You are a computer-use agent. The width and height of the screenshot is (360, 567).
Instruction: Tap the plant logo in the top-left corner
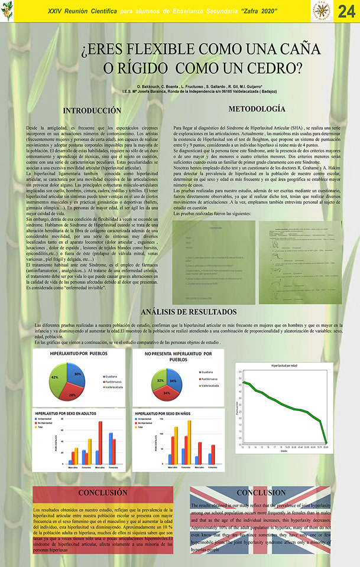[8, 11]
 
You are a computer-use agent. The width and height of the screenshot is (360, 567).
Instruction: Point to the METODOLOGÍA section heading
[249, 109]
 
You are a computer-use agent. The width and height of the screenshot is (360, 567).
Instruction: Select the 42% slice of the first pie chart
[58, 379]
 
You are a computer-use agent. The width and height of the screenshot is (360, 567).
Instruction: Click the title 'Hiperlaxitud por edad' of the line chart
[284, 366]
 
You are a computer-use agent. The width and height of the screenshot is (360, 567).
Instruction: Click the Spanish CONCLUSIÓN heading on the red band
[103, 493]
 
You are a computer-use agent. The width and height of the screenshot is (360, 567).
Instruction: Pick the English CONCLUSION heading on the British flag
[261, 493]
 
